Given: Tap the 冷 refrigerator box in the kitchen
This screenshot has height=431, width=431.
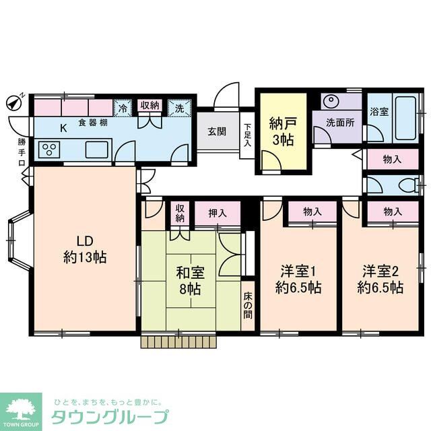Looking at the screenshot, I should (x=123, y=106).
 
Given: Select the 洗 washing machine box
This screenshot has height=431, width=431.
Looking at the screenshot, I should (x=179, y=106).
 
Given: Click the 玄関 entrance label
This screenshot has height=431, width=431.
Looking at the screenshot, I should (x=217, y=131).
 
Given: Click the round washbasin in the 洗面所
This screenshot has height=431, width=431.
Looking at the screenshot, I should (x=331, y=102).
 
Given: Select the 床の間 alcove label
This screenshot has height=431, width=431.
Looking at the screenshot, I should (x=247, y=306).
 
